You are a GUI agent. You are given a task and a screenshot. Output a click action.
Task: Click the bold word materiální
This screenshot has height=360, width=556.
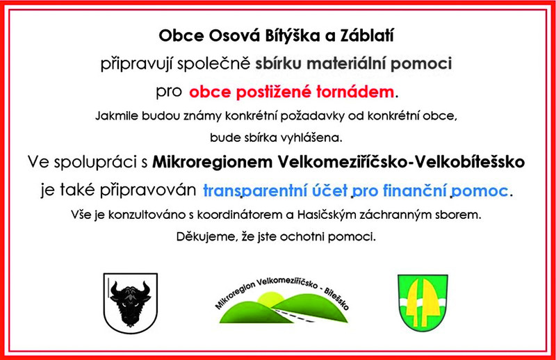346,64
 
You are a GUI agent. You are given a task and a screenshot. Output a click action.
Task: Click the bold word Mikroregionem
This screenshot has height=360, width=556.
213,162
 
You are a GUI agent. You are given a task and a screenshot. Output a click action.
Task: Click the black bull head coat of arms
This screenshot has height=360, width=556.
131,303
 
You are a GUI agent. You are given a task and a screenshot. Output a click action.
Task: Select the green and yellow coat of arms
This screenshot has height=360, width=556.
423,302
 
